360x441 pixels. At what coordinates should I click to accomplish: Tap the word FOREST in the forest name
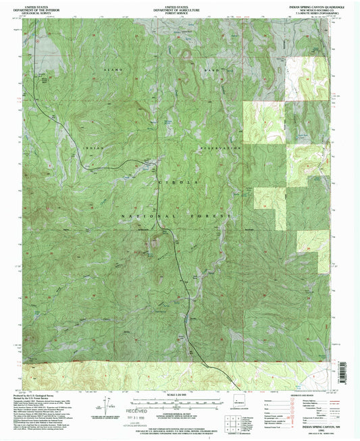[211, 215]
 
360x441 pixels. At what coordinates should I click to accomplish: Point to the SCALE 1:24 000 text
[179, 394]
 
